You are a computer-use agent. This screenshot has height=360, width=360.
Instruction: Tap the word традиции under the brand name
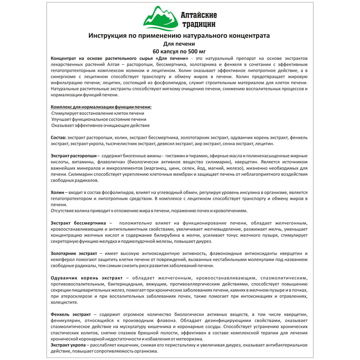(x=198, y=24)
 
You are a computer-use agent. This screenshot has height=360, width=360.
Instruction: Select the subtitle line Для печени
(x=179, y=44)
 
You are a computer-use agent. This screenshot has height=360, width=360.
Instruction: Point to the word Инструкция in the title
(x=106, y=36)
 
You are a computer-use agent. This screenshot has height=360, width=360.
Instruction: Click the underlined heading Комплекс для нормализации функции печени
(x=101, y=107)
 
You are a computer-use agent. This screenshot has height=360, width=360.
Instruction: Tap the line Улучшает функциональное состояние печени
(x=99, y=119)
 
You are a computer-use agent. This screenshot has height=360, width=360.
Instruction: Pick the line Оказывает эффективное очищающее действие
(x=100, y=125)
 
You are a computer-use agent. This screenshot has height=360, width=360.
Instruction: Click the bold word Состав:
(x=59, y=138)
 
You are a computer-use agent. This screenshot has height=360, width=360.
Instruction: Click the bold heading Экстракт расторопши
(x=73, y=156)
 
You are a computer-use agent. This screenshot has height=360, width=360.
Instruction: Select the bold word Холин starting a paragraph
(x=57, y=193)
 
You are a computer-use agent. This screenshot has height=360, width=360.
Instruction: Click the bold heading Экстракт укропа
(x=68, y=345)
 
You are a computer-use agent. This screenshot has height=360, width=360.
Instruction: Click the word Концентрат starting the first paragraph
(x=63, y=58)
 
